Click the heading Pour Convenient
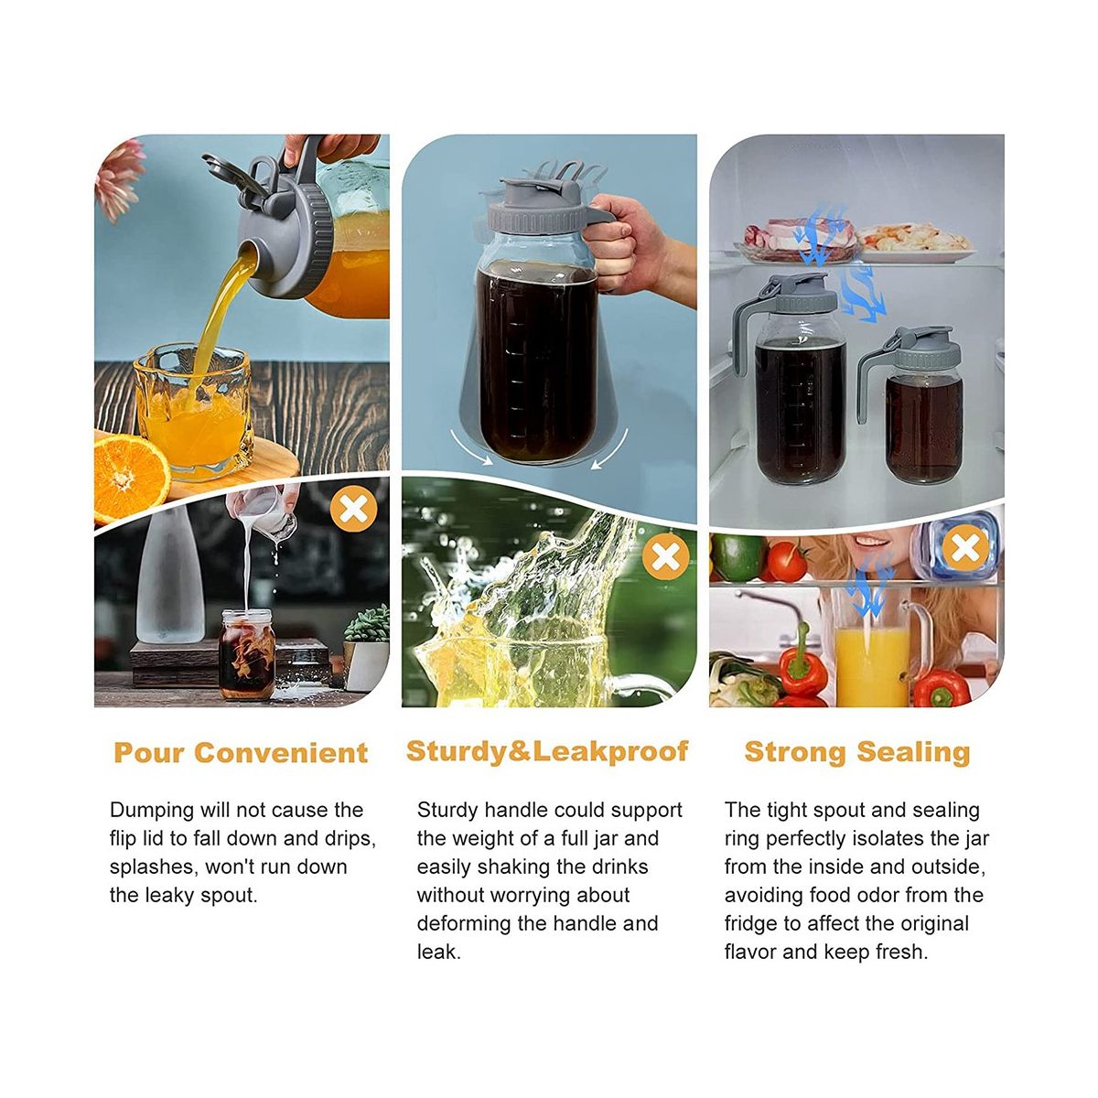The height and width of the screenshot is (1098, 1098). pyautogui.click(x=241, y=753)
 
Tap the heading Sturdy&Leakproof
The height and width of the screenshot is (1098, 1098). pyautogui.click(x=547, y=751)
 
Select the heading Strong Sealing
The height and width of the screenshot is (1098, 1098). pyautogui.click(x=857, y=751)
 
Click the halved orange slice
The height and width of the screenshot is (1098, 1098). pyautogui.click(x=132, y=478)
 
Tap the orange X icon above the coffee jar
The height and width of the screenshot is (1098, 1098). pyautogui.click(x=354, y=508)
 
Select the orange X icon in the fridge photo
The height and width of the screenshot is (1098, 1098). pyautogui.click(x=965, y=548)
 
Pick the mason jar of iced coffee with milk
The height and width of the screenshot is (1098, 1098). pyautogui.click(x=247, y=654)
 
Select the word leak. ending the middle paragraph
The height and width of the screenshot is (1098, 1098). pyautogui.click(x=438, y=952)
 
